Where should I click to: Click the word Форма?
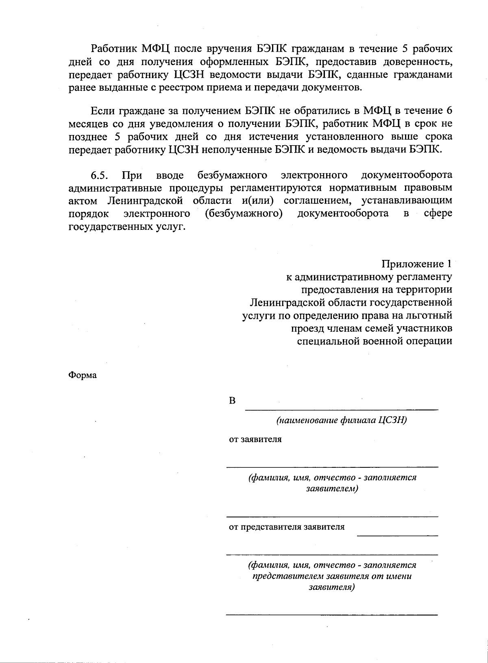pyautogui.click(x=82, y=375)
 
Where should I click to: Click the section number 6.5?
pyautogui.click(x=99, y=175)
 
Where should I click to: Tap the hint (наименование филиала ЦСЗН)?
pyautogui.click(x=342, y=420)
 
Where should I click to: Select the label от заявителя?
pyautogui.click(x=255, y=439)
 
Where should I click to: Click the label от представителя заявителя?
pyautogui.click(x=287, y=527)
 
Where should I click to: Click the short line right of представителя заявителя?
pyautogui.click(x=397, y=535)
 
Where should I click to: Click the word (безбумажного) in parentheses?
pyautogui.click(x=244, y=214)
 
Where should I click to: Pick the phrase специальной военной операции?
pyautogui.click(x=375, y=341)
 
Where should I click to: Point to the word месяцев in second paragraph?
pyautogui.click(x=89, y=124)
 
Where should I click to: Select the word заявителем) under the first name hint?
pyautogui.click(x=332, y=489)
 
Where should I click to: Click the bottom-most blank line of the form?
pyautogui.click(x=332, y=614)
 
